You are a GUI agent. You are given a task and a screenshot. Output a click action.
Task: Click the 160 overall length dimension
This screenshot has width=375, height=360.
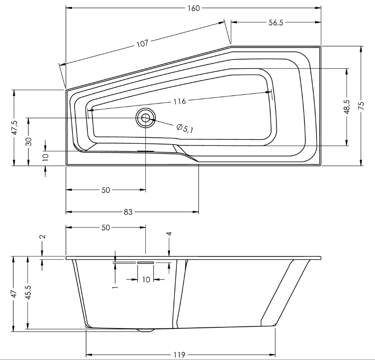click(x=193, y=8)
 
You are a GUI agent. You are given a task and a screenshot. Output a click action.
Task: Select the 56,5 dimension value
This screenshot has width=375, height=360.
click(x=276, y=23)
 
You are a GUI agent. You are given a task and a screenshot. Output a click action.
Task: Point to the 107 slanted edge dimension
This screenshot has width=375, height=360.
click(x=142, y=43)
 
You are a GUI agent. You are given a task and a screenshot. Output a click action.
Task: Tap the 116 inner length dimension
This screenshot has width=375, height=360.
click(x=180, y=101)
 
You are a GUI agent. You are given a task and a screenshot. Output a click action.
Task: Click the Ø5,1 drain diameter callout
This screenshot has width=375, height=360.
click(x=184, y=128)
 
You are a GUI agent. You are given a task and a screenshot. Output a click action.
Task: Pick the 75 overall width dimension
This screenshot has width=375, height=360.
click(x=361, y=106)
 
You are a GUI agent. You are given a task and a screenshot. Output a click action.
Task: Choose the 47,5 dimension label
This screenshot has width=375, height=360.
click(x=14, y=128)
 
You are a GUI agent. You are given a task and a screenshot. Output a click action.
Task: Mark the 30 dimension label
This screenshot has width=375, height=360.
click(x=29, y=141)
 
